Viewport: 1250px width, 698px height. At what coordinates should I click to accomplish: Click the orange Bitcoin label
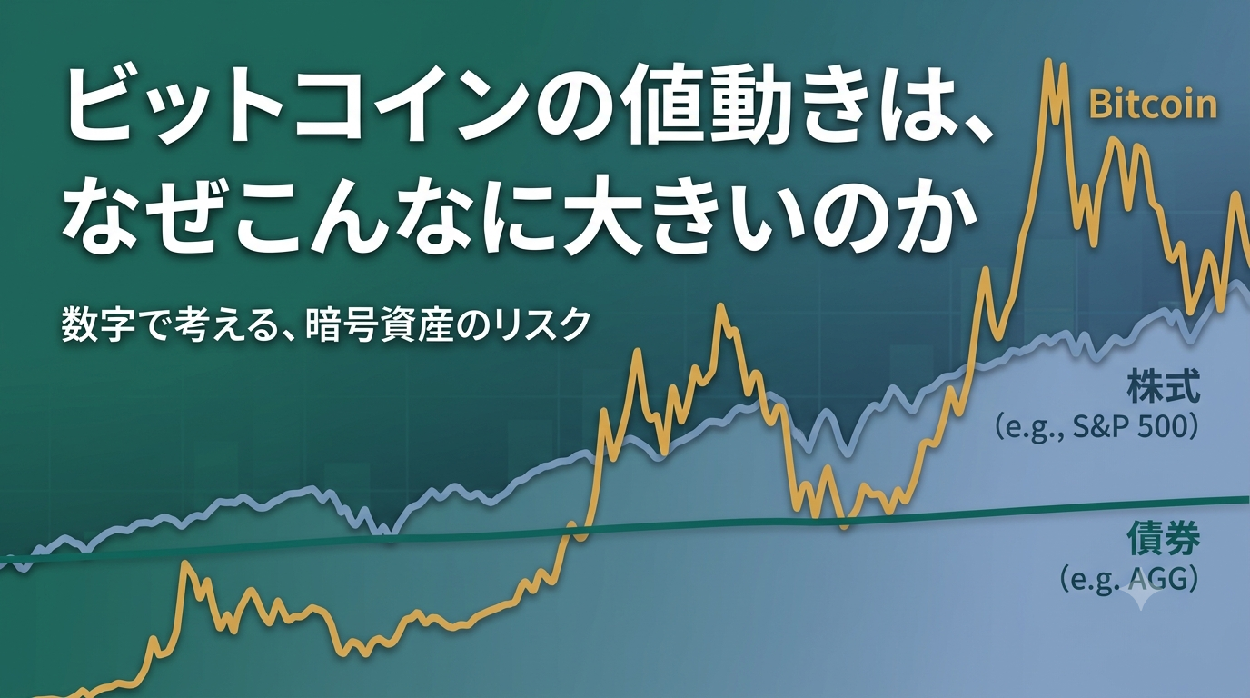[x=1153, y=105]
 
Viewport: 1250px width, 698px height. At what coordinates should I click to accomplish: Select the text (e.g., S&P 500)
[x=1096, y=427]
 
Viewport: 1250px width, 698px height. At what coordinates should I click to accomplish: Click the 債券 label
[x=1164, y=538]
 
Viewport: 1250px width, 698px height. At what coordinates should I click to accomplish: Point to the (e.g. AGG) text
[x=1128, y=579]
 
